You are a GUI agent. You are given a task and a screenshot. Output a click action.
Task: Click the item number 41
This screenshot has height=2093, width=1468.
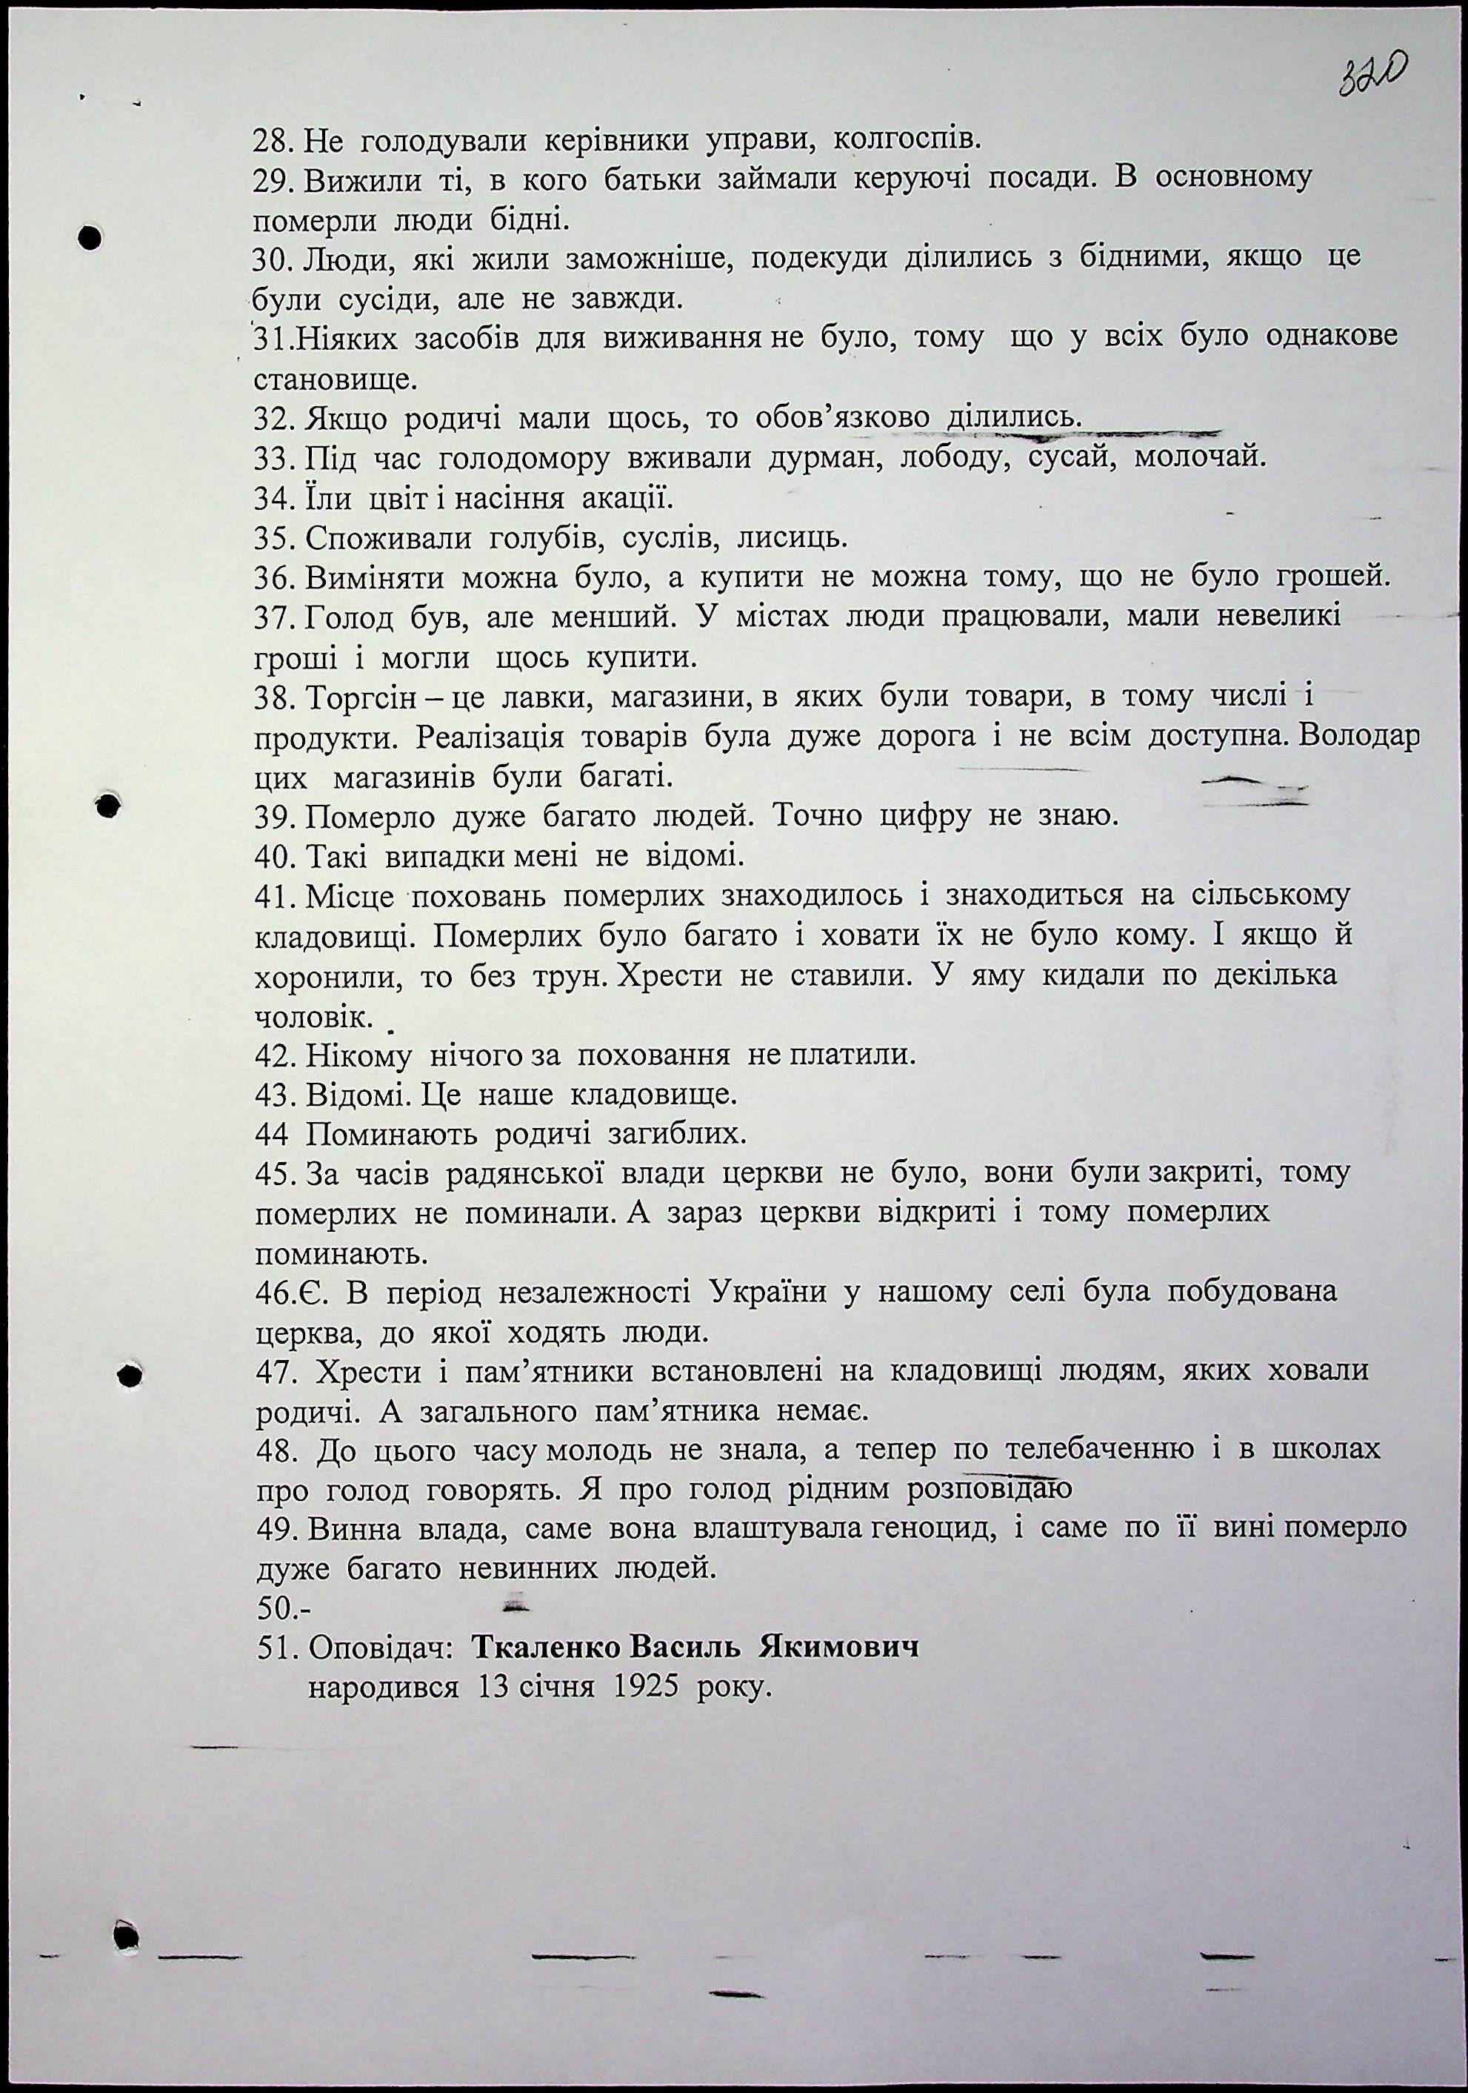coord(274,896)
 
